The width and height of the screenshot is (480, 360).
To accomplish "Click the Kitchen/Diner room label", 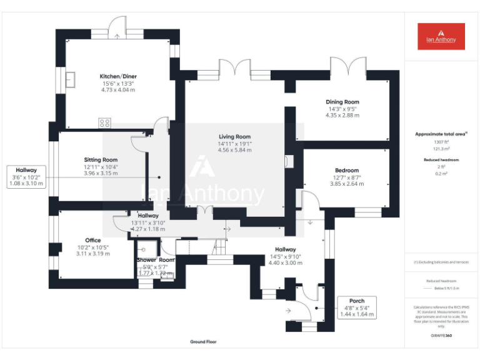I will pos(118,77).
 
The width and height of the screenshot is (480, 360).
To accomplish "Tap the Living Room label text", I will pos(234,137).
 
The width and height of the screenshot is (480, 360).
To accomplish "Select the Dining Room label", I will pos(342,102).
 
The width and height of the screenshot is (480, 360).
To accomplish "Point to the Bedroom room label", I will pos(347,171).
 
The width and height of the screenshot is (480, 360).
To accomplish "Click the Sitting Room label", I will pos(101,160).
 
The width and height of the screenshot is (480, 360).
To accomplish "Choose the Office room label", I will pos(93,240).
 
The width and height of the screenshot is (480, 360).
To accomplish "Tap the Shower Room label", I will pos(156,260).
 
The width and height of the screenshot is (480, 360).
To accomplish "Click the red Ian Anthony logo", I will pos(441,36).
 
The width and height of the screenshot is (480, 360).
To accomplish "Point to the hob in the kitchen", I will pos(104,123).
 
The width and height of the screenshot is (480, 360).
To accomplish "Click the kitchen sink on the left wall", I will pos(71,80).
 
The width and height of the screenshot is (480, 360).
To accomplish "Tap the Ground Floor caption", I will pos(204,342).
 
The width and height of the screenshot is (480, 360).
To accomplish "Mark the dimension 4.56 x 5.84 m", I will pos(234,150).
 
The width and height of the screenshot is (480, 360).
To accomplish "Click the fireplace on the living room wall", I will pos(286,161).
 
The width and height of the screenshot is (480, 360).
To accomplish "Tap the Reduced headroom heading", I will pos(441,160).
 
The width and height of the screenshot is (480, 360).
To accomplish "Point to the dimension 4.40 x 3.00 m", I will pos(285,263).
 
